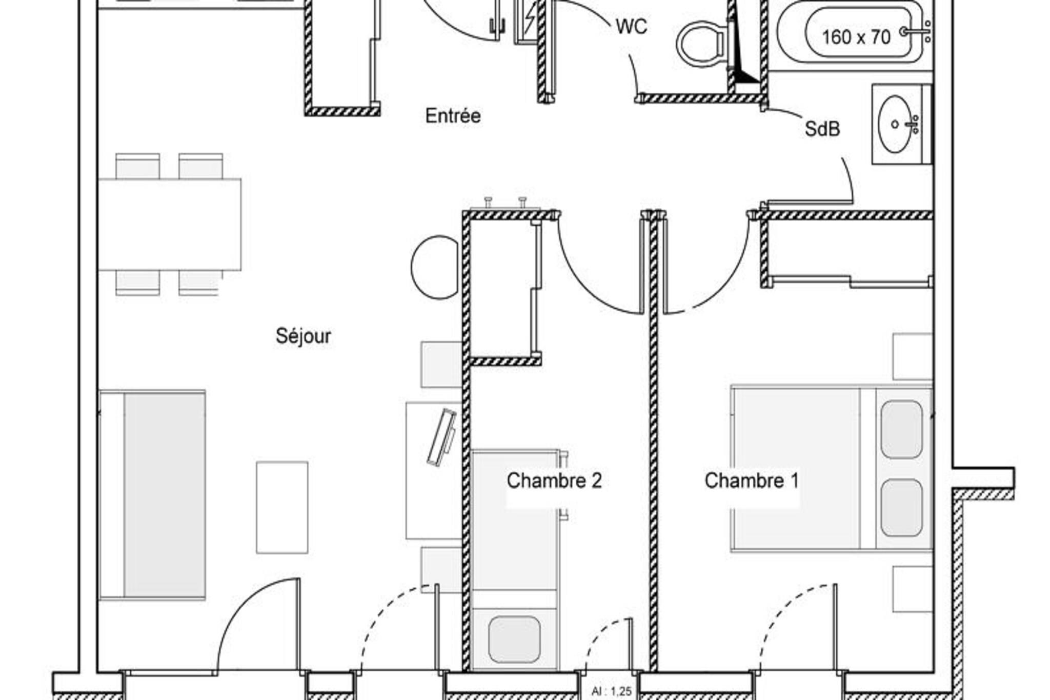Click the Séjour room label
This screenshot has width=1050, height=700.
coord(303,336)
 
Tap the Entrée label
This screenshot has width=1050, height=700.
coord(453,116)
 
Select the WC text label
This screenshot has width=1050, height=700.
coord(631,26)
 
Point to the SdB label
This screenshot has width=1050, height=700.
coord(822,129)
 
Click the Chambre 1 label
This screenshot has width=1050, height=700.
coord(752,481)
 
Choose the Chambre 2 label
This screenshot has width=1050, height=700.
coord(554,481)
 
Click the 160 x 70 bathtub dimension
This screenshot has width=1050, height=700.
coord(856,37)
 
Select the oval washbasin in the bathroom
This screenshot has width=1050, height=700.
coord(895,124)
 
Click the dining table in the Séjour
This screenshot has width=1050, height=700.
coord(170,224)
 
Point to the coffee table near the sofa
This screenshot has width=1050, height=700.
coord(282,507)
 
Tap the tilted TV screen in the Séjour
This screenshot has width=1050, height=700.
coord(441,437)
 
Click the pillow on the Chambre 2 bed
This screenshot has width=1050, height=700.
coord(514,639)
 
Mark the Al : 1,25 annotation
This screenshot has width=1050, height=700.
coord(611,691)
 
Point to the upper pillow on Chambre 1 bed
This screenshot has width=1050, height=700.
coord(901,429)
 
